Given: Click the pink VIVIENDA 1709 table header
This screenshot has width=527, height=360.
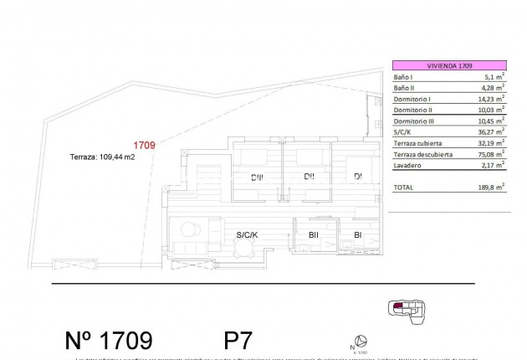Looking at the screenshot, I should (449, 65).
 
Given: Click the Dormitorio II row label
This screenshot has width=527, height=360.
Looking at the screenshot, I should (412, 110).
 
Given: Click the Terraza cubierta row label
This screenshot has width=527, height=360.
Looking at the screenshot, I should (417, 143).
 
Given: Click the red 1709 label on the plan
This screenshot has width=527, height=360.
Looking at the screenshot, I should (145, 145).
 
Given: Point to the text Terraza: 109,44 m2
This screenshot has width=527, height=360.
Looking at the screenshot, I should (101, 156).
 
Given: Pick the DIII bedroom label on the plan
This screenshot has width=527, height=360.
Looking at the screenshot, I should (257, 176).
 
